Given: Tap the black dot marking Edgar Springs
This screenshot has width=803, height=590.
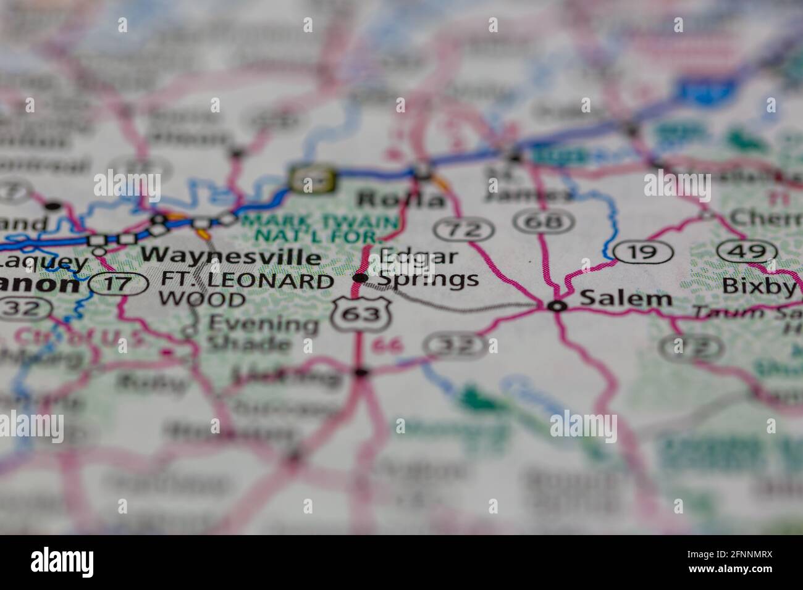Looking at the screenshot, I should (x=359, y=278).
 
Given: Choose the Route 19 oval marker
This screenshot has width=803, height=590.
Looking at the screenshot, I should (x=644, y=251).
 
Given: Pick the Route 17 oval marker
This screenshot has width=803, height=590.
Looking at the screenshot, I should (x=118, y=283).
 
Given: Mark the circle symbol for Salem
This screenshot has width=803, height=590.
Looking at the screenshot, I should (x=558, y=306).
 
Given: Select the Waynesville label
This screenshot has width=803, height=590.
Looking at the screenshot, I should (x=231, y=256).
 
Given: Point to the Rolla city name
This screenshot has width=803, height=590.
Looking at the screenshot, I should (x=401, y=199).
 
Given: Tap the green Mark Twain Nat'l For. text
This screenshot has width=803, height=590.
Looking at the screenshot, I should (x=320, y=228).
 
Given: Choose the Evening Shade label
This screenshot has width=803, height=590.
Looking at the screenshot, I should (x=262, y=333).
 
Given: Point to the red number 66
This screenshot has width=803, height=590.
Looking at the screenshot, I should (x=388, y=345).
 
